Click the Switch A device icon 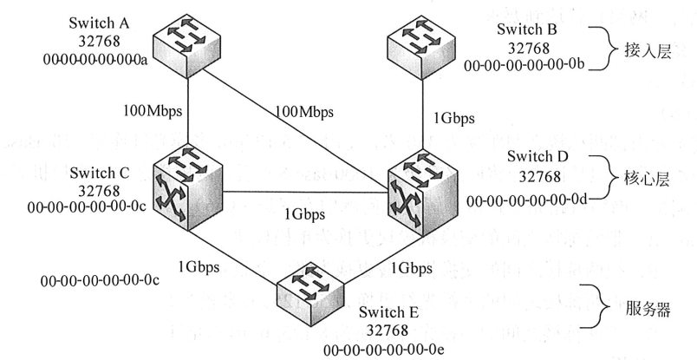[x=187, y=43]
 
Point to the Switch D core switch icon [x=422, y=193]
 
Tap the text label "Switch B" [x=528, y=31]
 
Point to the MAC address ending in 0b [x=528, y=65]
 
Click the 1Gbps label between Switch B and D [x=453, y=116]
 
